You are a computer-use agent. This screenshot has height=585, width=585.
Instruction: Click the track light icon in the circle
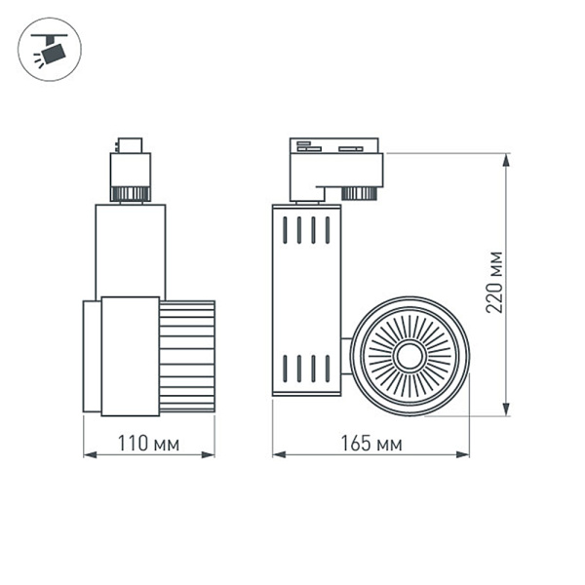click(x=50, y=49)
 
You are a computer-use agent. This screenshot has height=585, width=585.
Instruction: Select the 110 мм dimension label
click(x=148, y=444)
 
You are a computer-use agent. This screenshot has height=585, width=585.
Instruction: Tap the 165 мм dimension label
click(x=370, y=444)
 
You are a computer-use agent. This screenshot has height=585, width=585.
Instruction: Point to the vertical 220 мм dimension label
click(x=495, y=282)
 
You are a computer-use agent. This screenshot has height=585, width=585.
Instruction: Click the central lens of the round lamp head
click(x=409, y=356)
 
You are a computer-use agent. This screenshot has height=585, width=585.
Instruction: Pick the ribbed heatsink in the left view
click(x=187, y=356)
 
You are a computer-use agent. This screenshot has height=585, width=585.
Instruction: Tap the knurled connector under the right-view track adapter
click(x=360, y=192)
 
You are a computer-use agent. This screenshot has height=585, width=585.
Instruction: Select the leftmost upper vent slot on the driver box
click(x=285, y=230)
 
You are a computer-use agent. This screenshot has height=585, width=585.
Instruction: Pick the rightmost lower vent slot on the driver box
click(x=328, y=369)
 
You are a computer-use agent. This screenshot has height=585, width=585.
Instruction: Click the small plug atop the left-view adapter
click(x=130, y=144)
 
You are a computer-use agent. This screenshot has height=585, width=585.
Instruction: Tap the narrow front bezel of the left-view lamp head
click(x=92, y=357)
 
